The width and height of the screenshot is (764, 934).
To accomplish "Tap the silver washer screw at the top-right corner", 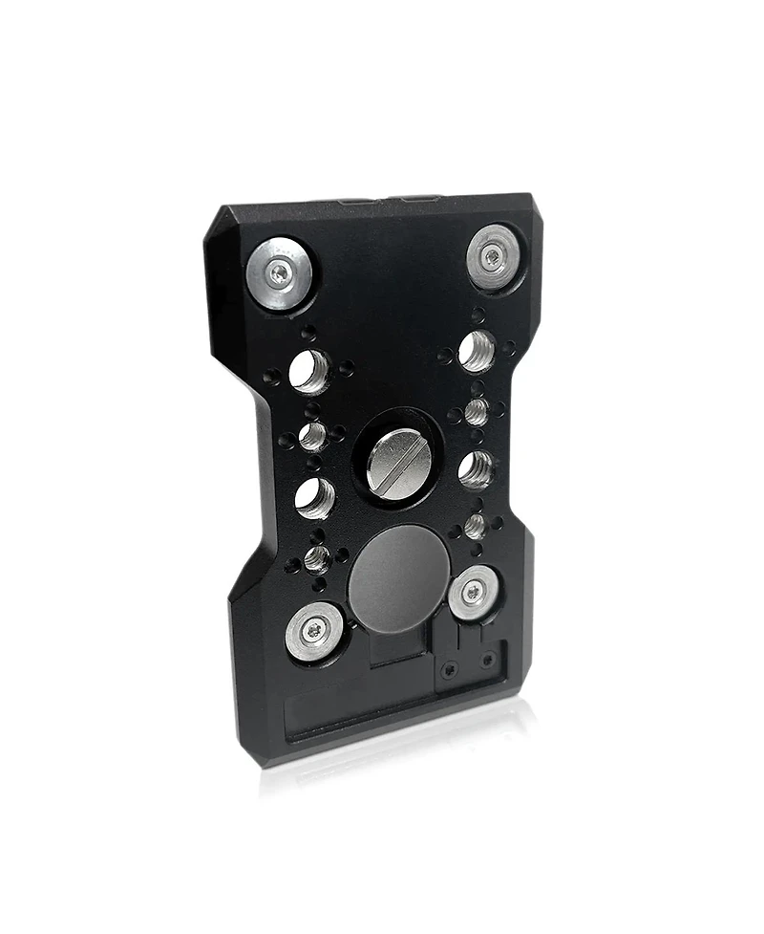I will (x=493, y=253).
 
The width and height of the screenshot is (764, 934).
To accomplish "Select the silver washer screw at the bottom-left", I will (x=315, y=629).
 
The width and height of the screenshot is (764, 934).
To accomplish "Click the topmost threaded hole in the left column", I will (x=309, y=370).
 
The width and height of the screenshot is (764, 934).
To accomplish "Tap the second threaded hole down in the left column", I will (x=313, y=437).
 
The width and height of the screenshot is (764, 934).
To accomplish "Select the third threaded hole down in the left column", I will (x=315, y=497).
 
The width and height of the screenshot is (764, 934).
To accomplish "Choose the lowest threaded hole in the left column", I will (x=317, y=558).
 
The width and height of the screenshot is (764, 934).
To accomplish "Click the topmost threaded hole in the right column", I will (x=477, y=351).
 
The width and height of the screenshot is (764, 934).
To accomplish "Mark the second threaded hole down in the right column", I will (x=477, y=412).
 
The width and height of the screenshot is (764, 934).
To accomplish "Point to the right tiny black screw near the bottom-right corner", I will (x=488, y=659).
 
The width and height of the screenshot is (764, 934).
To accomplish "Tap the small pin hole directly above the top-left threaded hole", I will (x=308, y=334).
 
